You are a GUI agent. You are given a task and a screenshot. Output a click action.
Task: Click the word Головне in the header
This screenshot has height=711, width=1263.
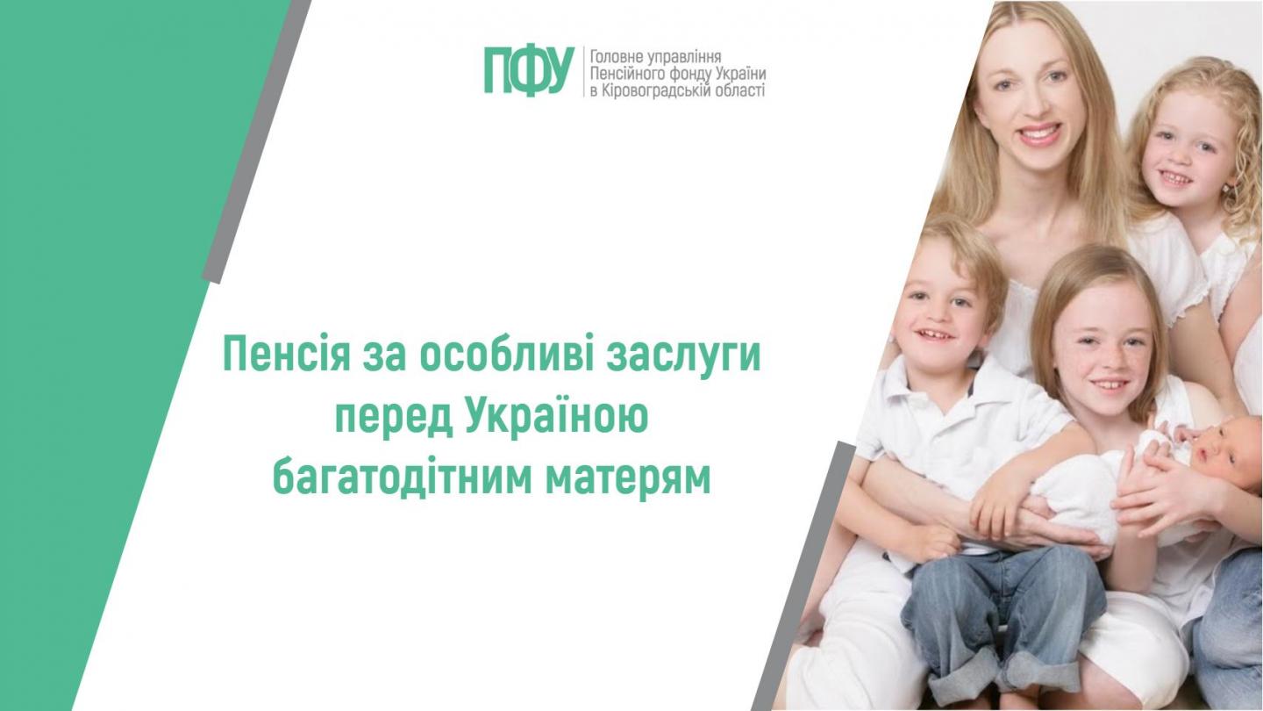tap(613, 55)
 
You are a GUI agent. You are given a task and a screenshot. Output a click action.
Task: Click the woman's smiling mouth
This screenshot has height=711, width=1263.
tap(1038, 133)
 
